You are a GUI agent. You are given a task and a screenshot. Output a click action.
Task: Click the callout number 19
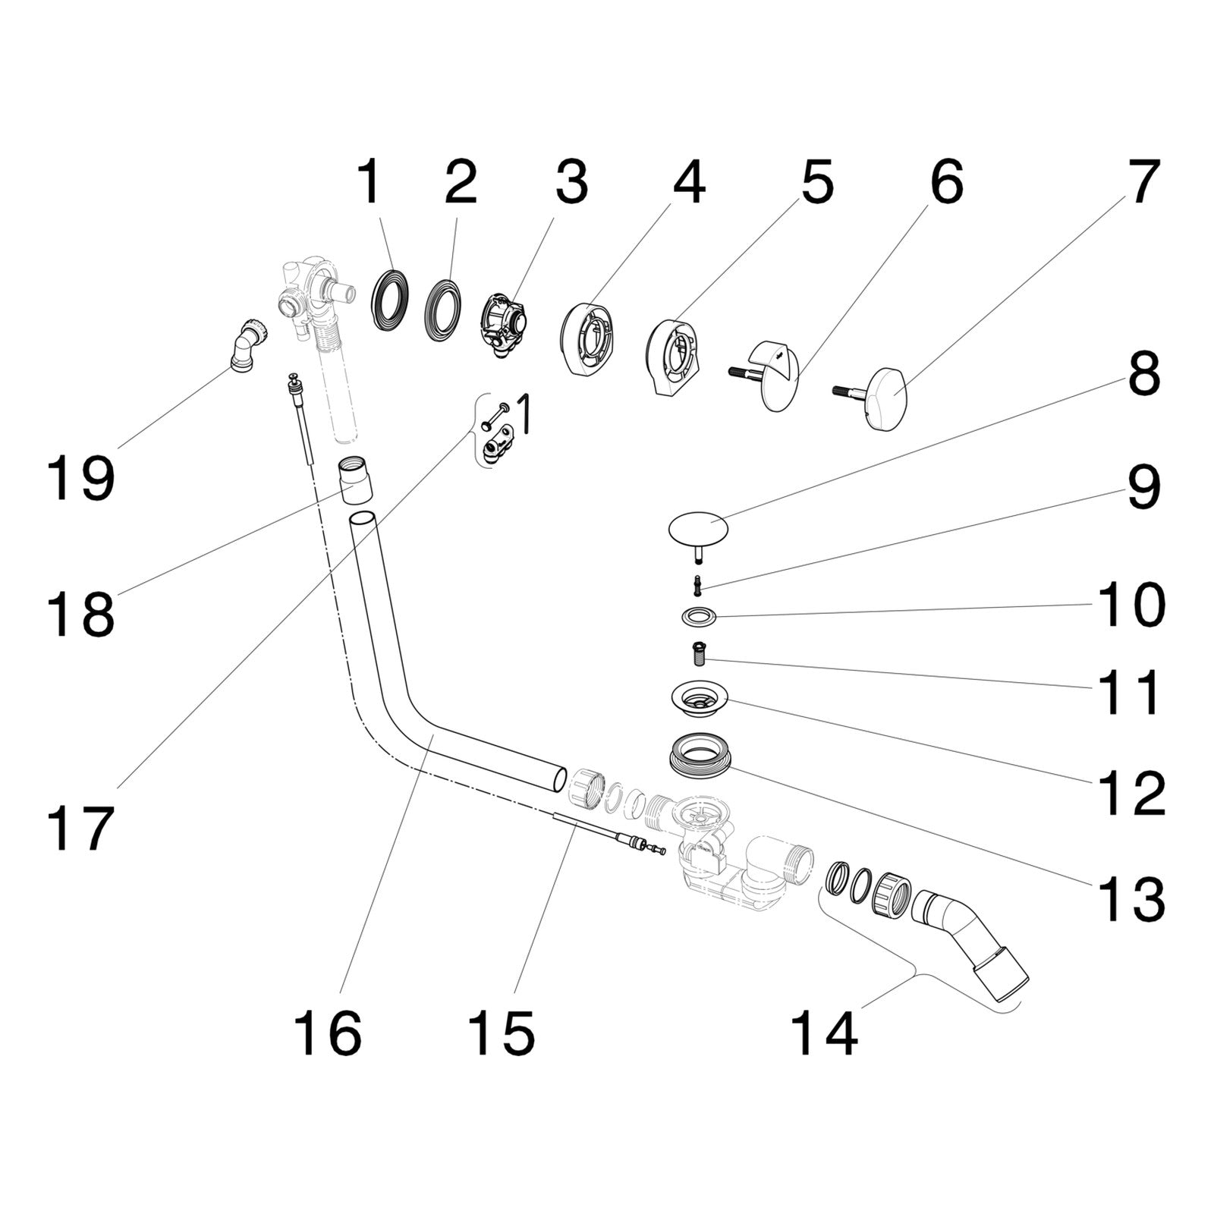pos(80,478)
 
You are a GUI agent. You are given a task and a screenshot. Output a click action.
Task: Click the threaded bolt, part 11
pos(699,652)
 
